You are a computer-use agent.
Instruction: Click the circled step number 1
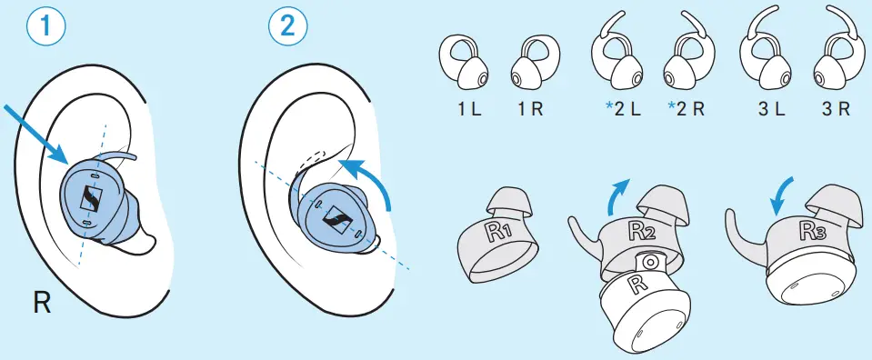coord(46,25)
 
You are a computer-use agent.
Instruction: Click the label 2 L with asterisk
coord(624,109)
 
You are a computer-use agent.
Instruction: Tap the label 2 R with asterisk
coord(686,109)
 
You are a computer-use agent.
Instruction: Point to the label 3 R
coord(834,109)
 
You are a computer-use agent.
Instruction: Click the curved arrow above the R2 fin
coord(616,195)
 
